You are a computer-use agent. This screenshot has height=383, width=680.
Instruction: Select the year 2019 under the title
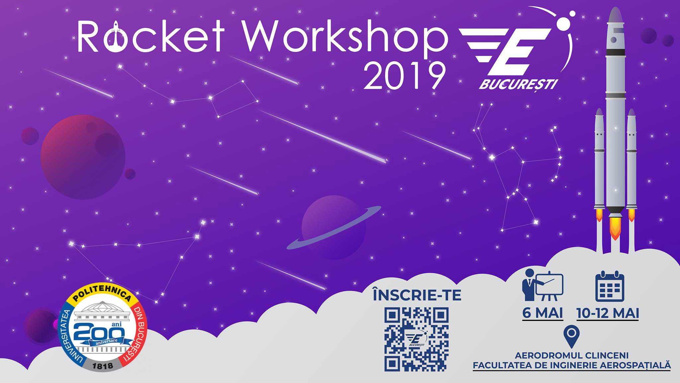[x=404, y=76]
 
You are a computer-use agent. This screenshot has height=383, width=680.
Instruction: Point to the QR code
[x=416, y=339]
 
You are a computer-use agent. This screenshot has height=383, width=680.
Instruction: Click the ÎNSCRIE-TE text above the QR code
[x=417, y=295]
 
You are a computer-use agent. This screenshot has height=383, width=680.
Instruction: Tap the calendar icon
[x=610, y=287]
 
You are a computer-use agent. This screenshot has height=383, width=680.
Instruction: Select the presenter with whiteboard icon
[x=542, y=285]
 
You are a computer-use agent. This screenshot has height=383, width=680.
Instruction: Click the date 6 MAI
[x=543, y=313]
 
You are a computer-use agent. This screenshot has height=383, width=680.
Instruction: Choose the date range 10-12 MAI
[x=608, y=313]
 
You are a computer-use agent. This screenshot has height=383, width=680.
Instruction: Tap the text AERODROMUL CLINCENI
[x=571, y=355]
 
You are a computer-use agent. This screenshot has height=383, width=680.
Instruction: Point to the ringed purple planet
[x=333, y=227]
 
